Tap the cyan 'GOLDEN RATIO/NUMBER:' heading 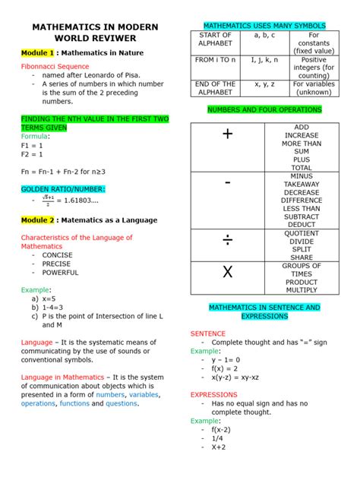63,188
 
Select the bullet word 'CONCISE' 58,255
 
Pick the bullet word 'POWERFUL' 60,272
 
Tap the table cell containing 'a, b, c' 265,35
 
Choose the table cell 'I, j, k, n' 265,59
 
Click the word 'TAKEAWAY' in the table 302,184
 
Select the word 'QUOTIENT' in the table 302,233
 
